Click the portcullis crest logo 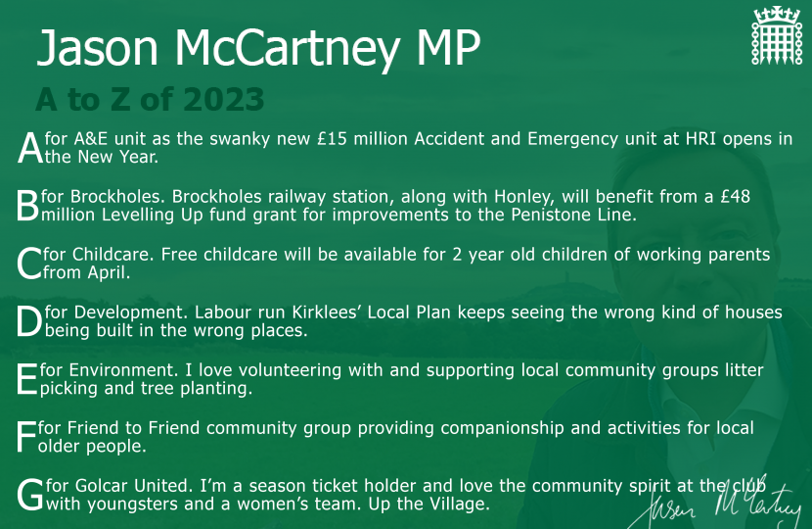pos(777,35)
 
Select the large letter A pos(30,148)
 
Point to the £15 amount pos(332,139)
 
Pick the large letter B pos(28,206)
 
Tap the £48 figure pos(735,197)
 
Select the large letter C pos(29,264)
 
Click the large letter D pos(29,321)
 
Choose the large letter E pos(27,380)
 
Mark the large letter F pos(26,437)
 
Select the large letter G pos(30,496)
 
